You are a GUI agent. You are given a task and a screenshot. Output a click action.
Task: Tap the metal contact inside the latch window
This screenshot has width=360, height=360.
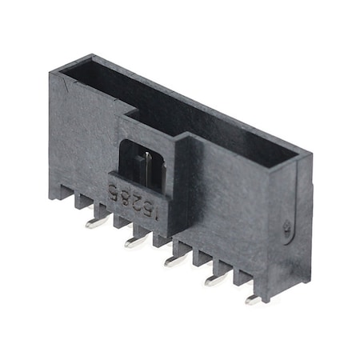tap(148, 166)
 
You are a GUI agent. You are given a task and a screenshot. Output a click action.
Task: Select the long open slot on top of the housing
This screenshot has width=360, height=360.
tap(184, 112)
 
